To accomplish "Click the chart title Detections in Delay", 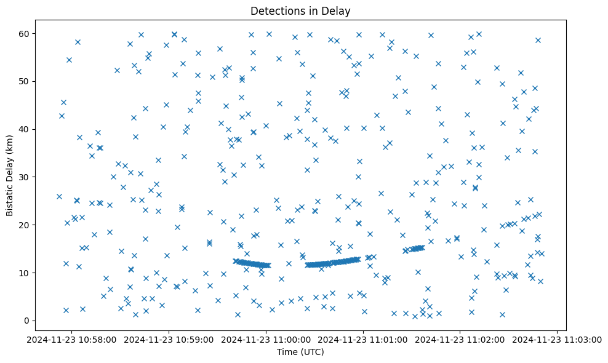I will click(x=300, y=10).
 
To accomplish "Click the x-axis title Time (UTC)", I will click(x=300, y=352).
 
